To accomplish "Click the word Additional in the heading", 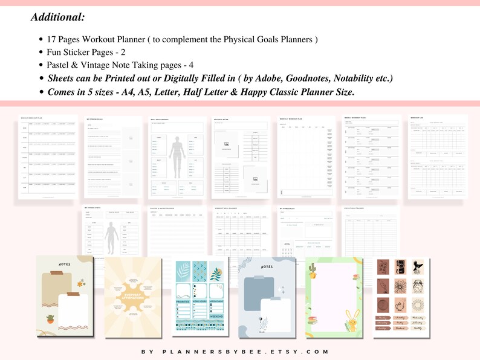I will point(57,17).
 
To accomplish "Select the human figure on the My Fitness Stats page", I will point(110,233).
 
